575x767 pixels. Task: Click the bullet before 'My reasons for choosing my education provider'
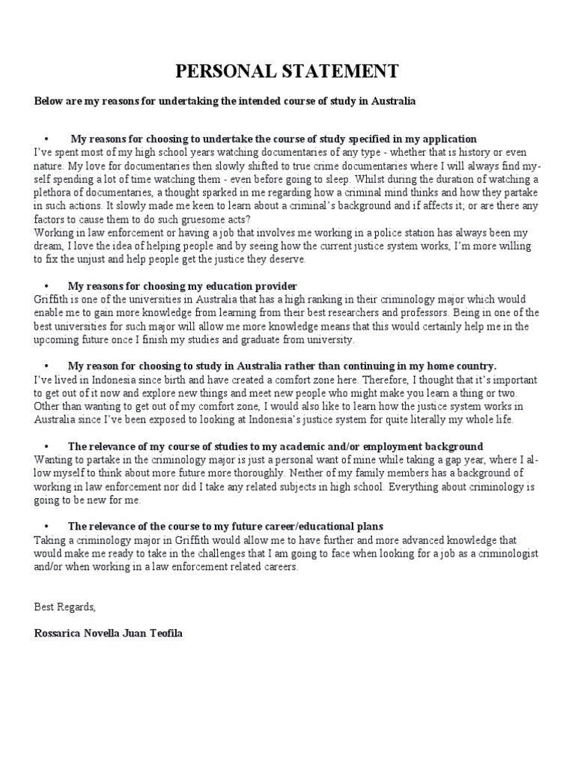pos(47,286)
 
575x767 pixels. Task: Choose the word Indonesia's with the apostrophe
pos(335,420)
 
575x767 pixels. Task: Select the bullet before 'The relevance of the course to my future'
pos(47,527)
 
